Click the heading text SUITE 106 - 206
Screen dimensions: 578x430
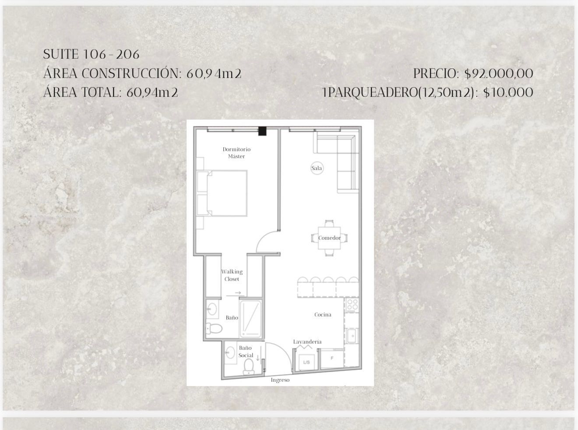(91, 54)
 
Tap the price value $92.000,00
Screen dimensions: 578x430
(498, 74)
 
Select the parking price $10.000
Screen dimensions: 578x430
(508, 92)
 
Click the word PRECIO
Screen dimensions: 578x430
(436, 74)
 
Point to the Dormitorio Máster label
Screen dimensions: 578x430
(236, 153)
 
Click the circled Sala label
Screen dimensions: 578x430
(317, 168)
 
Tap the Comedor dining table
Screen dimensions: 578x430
(329, 238)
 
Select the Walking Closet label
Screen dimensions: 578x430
(232, 275)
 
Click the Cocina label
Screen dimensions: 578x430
(323, 315)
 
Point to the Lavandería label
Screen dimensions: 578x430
(307, 342)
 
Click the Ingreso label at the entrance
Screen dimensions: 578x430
(280, 380)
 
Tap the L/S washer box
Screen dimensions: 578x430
(307, 362)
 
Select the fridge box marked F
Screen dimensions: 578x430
(332, 358)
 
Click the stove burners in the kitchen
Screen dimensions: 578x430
(352, 306)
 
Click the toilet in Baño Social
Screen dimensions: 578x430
(249, 366)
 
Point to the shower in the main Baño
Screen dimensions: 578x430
(250, 319)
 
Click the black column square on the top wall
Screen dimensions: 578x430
(262, 131)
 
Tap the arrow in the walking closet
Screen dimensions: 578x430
(238, 293)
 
